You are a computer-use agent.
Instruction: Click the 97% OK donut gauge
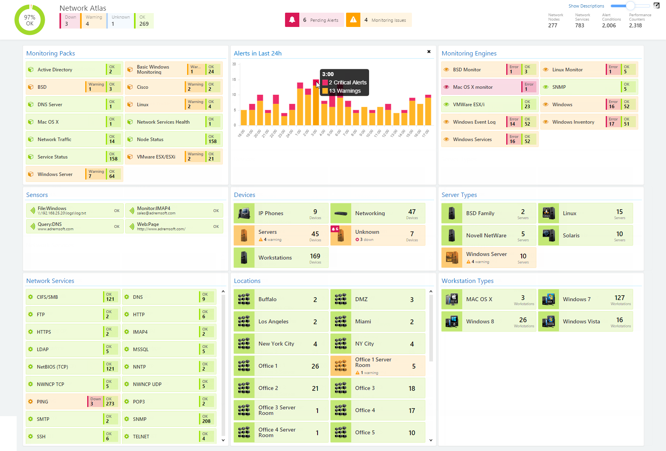[30, 20]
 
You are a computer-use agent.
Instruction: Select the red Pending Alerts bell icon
[292, 20]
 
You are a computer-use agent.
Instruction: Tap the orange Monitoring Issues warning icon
[353, 20]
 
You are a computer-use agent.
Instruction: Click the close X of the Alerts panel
[429, 52]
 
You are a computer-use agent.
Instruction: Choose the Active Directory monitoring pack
[55, 70]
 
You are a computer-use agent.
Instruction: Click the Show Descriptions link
[586, 6]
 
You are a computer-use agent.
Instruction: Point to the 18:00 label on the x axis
[241, 134]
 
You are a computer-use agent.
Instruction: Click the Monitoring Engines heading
[469, 54]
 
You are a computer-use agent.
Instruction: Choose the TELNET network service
[141, 437]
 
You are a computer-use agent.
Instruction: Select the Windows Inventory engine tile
[573, 122]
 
